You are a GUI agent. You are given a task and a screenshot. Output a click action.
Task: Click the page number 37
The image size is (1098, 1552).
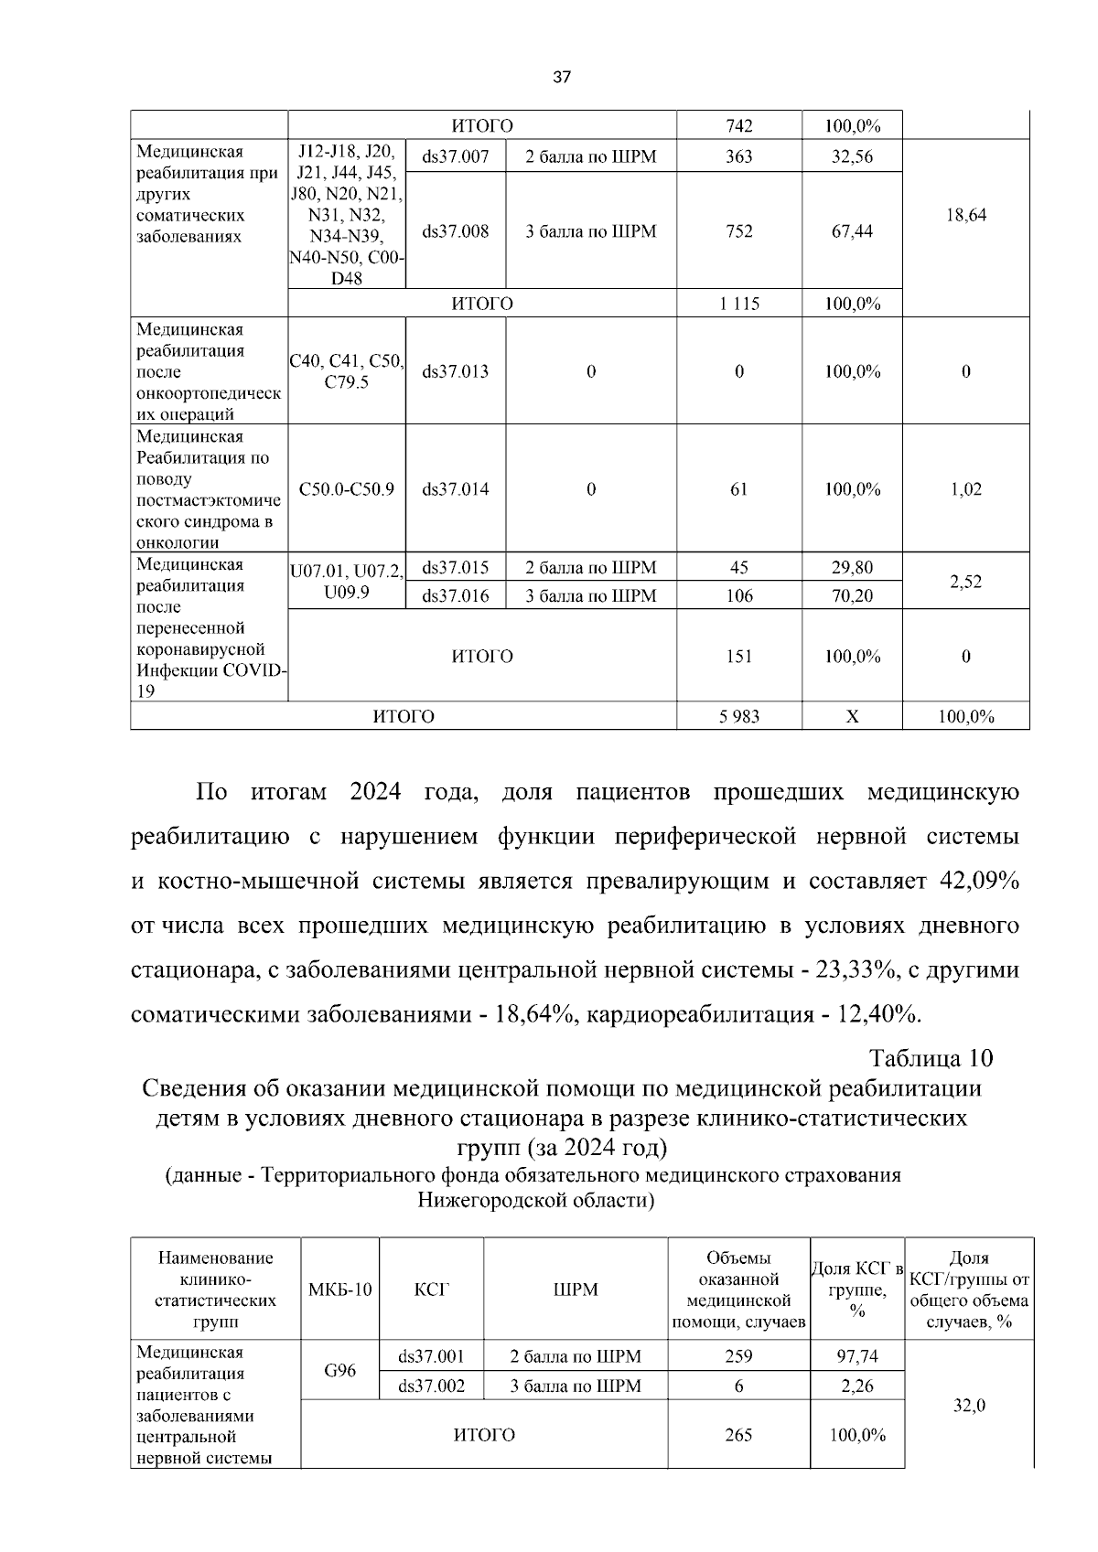click(x=562, y=78)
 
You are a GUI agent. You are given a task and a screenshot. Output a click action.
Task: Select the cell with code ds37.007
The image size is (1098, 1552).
click(x=455, y=156)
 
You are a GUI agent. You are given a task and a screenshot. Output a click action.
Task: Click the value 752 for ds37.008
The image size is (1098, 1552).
click(x=738, y=231)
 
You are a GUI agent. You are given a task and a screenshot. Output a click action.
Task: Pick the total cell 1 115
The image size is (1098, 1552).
click(x=738, y=305)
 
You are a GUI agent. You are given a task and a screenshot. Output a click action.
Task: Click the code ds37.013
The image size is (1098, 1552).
click(x=455, y=371)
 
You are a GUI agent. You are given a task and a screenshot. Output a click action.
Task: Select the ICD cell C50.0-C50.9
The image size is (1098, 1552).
click(x=346, y=489)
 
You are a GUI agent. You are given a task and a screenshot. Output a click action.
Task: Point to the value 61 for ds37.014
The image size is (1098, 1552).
click(x=738, y=489)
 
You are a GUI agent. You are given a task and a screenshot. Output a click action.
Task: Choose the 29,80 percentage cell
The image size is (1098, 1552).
click(x=851, y=568)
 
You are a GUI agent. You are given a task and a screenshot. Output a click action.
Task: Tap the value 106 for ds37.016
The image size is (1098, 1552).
click(x=738, y=596)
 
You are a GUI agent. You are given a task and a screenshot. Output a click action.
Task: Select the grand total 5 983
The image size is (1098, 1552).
click(x=738, y=717)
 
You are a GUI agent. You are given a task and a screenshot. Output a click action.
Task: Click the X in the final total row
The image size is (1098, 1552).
click(x=851, y=717)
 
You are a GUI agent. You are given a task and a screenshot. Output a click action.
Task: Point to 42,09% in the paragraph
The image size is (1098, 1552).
click(x=979, y=882)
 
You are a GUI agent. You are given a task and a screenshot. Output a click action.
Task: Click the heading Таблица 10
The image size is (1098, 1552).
click(x=931, y=1059)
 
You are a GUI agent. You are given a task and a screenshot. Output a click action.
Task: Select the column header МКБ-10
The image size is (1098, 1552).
click(x=339, y=1290)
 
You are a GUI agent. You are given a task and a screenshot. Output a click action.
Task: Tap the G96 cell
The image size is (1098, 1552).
click(x=339, y=1371)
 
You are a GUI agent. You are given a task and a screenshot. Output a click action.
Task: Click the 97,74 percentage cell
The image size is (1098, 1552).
click(x=857, y=1356)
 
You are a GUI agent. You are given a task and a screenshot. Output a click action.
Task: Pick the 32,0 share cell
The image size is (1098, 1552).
click(x=969, y=1406)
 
